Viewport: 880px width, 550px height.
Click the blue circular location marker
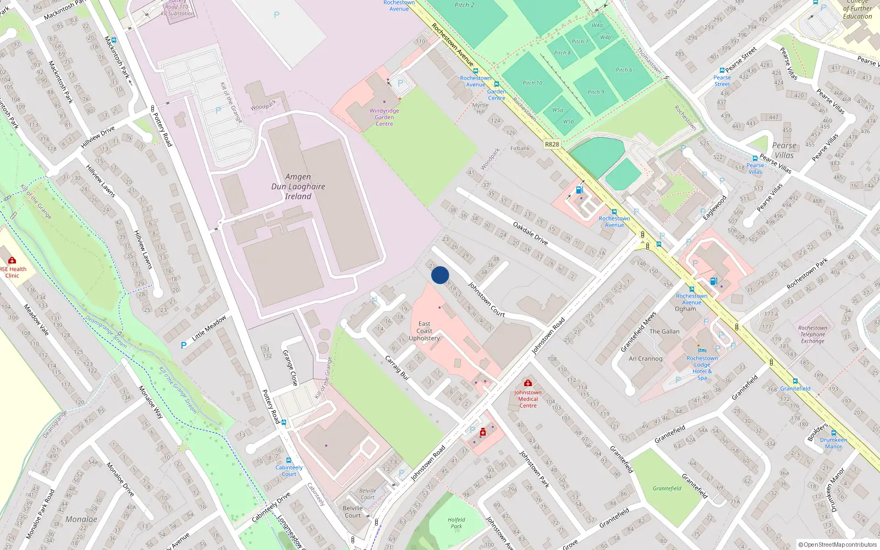[x=440, y=275]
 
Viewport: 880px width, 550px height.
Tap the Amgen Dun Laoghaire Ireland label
[x=298, y=186]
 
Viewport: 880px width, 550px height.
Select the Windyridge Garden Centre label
[x=384, y=117]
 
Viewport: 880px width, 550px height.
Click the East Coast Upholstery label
[x=424, y=331]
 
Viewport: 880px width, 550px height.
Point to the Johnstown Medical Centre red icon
[x=528, y=383]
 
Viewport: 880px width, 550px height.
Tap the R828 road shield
[x=552, y=144]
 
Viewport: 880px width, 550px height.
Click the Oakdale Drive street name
[x=530, y=233]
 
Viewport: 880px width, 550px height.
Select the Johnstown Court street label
[x=486, y=299]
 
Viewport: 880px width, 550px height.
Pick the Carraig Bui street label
[x=397, y=367]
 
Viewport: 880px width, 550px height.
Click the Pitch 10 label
[x=532, y=83]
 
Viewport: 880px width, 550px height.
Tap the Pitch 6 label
[x=624, y=70]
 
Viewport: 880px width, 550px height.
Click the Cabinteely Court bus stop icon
[x=289, y=460]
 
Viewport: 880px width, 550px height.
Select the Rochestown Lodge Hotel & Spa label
[x=702, y=368]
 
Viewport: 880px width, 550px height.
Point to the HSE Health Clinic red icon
[x=12, y=261]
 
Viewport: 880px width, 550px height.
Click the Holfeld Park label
[x=456, y=523]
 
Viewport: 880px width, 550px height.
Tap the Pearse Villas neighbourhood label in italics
[x=784, y=150]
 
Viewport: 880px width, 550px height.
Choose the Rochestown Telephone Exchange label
[x=812, y=334]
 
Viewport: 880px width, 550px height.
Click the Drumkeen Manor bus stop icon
[x=833, y=433]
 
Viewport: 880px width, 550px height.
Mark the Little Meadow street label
[x=209, y=328]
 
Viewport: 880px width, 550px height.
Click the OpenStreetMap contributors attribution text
[x=838, y=544]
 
